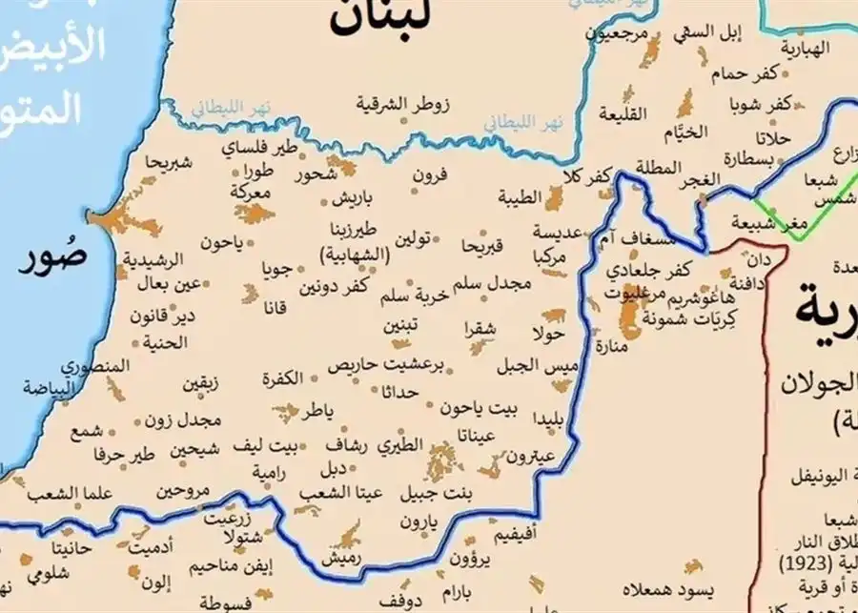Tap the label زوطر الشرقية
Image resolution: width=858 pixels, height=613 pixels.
tap(404, 101)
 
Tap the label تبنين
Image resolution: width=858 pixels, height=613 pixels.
tap(401, 324)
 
